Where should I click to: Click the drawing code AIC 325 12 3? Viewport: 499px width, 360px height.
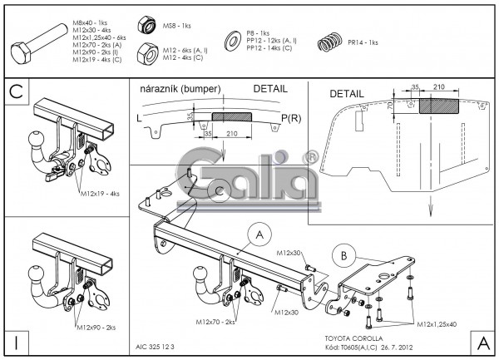pos(159,347)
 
